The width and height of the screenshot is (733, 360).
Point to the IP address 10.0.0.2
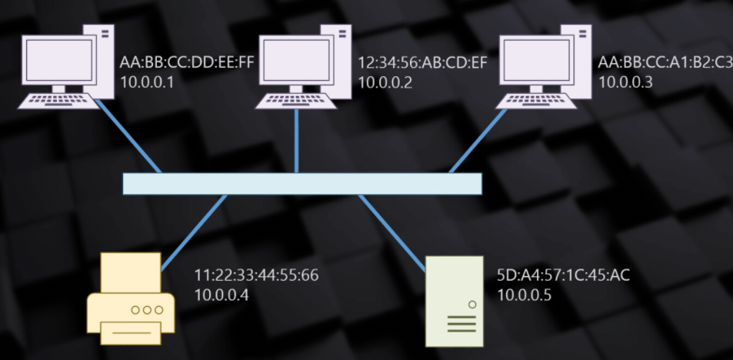coord(385,82)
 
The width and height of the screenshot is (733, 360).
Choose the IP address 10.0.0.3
coord(625,82)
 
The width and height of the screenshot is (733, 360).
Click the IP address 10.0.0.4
coord(222,294)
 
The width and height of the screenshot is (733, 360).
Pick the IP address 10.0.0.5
coord(525,294)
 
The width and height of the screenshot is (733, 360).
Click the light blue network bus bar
coord(302,184)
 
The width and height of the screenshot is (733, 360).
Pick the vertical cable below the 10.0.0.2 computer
coord(296,142)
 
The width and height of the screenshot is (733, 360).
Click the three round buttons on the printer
coord(148,309)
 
